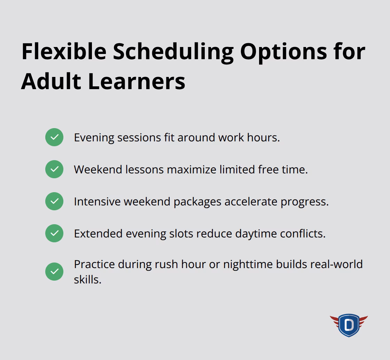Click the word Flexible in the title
(64, 52)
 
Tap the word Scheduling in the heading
(173, 52)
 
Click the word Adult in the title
(51, 81)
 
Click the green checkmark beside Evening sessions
(54, 137)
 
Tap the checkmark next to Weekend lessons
(54, 169)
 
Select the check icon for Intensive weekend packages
(54, 201)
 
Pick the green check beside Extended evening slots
(54, 233)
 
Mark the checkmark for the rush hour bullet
(54, 272)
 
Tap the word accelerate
(251, 202)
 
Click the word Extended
(98, 234)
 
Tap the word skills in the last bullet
(87, 279)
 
